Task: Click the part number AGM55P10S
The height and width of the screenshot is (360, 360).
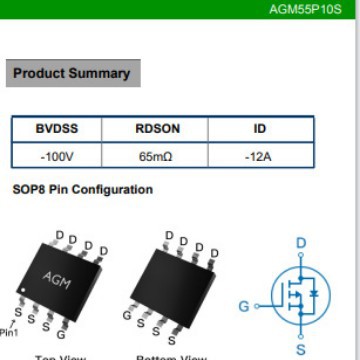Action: click(305, 9)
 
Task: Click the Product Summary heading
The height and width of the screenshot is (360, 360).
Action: click(71, 73)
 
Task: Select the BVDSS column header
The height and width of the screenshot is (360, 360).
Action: click(57, 129)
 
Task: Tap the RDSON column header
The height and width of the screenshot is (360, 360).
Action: click(157, 129)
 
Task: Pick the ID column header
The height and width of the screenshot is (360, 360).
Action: click(259, 129)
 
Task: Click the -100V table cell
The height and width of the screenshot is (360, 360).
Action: click(57, 157)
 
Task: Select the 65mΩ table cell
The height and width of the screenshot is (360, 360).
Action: click(157, 157)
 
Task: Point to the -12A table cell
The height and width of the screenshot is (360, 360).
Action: click(259, 157)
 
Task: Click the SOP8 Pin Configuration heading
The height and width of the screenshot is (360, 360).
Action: click(83, 190)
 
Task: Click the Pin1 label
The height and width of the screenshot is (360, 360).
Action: click(9, 332)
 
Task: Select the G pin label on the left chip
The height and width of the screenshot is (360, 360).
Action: click(61, 333)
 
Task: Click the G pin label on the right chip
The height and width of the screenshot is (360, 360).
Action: click(127, 315)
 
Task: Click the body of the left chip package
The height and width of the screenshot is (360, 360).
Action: click(62, 280)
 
